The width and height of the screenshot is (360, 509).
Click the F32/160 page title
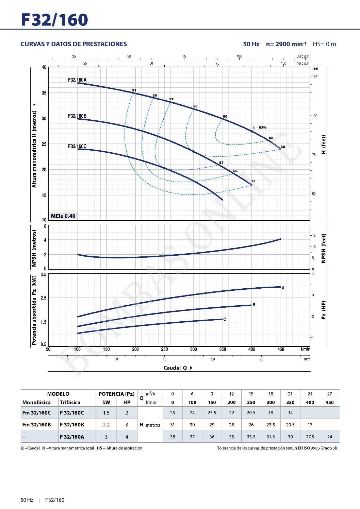54,20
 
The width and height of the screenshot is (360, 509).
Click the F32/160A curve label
77,80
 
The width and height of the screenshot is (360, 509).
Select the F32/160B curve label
77,116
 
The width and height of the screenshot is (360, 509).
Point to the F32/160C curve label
77,146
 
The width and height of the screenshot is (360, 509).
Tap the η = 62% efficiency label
260,128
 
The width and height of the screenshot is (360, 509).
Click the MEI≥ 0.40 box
63,216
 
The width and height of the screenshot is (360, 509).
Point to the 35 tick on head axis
44,93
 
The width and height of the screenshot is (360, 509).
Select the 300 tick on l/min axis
193,349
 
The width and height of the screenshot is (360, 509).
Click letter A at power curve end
283,288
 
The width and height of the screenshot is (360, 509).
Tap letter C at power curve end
225,319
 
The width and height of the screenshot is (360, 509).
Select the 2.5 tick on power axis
43,298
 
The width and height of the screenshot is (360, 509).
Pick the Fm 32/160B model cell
36,425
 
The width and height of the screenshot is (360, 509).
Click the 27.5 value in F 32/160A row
310,437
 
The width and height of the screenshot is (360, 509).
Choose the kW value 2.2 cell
106,425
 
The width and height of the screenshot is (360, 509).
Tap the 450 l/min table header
329,403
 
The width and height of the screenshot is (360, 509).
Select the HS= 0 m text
324,44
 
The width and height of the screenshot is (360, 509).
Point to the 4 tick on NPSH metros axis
45,240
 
